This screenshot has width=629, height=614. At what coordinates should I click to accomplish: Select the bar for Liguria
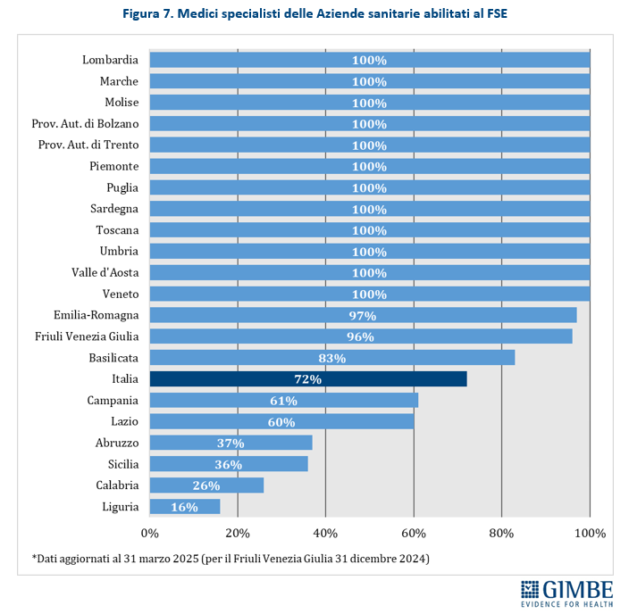pyautogui.click(x=184, y=507)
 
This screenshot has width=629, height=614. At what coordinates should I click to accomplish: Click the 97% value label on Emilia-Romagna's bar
pyautogui.click(x=363, y=316)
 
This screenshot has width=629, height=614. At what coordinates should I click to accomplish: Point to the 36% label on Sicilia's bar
pyautogui.click(x=231, y=465)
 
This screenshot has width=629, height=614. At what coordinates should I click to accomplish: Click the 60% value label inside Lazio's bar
pyautogui.click(x=281, y=422)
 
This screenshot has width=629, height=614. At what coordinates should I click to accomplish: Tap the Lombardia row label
pyautogui.click(x=110, y=60)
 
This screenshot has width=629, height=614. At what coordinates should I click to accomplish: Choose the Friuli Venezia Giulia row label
pyautogui.click(x=87, y=336)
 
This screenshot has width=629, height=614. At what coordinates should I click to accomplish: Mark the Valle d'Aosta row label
pyautogui.click(x=105, y=272)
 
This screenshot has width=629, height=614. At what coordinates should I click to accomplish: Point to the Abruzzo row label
pyautogui.click(x=116, y=443)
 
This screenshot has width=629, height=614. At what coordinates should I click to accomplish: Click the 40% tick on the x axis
pyautogui.click(x=325, y=533)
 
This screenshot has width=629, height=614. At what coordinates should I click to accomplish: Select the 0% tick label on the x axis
pyautogui.click(x=149, y=533)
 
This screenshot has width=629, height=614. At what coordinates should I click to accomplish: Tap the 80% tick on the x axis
pyautogui.click(x=502, y=533)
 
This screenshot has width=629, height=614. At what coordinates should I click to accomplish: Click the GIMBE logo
pyautogui.click(x=567, y=593)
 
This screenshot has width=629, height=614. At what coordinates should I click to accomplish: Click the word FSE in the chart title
pyautogui.click(x=495, y=15)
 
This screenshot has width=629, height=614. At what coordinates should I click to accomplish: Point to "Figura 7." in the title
pyautogui.click(x=148, y=15)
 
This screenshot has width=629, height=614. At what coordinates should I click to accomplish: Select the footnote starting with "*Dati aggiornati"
pyautogui.click(x=231, y=559)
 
